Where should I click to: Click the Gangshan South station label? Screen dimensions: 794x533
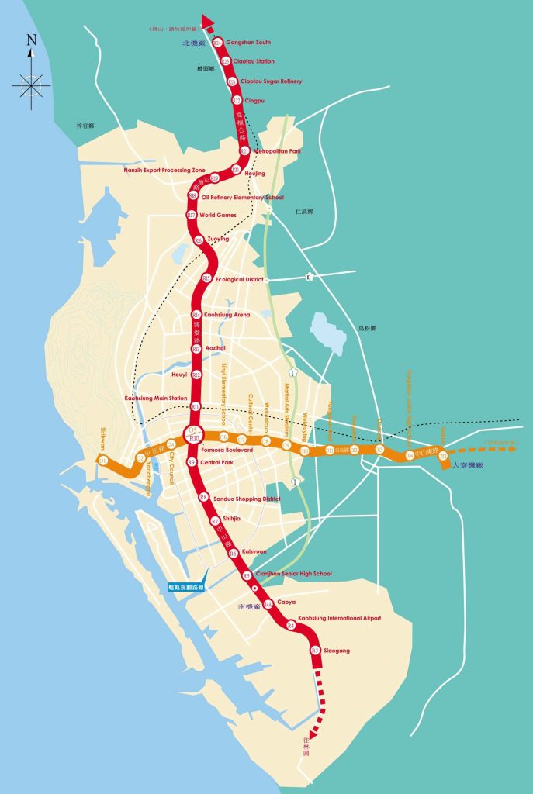tap(248, 42)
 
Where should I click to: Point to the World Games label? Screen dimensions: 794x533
tap(217, 215)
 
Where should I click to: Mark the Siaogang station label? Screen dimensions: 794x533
tap(337, 650)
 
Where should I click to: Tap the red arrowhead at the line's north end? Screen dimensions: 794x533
tap(207, 21)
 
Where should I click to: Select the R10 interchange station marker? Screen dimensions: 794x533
tap(195, 436)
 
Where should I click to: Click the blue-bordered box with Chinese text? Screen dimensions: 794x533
tap(185, 587)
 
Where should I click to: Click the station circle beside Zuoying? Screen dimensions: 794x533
tap(199, 240)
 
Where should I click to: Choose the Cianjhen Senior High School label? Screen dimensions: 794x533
tap(292, 574)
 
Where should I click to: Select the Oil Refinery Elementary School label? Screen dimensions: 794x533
tap(242, 198)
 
